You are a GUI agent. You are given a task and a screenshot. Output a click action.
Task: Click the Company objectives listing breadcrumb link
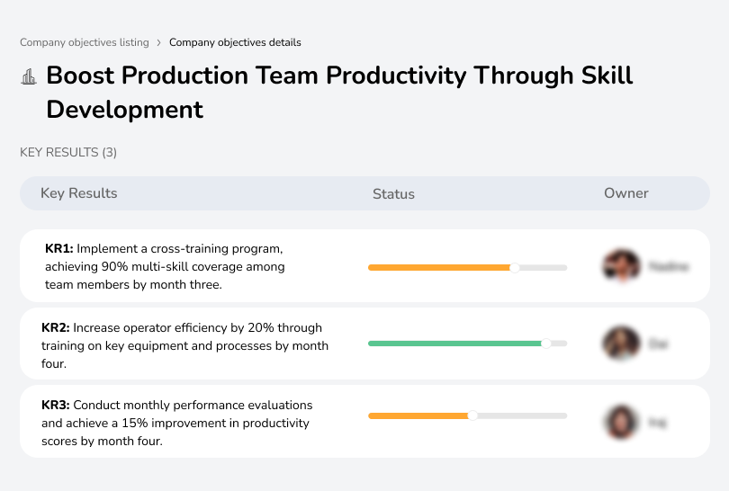pos(85,42)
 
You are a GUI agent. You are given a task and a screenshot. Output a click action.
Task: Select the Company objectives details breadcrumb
pos(235,42)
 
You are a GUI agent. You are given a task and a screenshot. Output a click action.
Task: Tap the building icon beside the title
pos(29,76)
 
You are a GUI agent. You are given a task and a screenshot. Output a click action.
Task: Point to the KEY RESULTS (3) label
pos(68,153)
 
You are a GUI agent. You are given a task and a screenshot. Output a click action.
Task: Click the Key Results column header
pos(78,193)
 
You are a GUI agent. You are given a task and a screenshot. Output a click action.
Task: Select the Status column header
pos(393,193)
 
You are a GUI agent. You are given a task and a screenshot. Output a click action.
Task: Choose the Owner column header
pos(625,193)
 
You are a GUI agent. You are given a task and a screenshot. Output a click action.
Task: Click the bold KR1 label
pos(59,249)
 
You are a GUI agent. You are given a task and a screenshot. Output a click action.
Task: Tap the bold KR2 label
pos(56,328)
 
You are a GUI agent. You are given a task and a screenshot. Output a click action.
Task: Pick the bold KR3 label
pos(56,406)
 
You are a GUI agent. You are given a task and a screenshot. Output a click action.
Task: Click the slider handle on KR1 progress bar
pos(515,267)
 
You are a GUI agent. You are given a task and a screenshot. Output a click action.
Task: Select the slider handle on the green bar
pos(545,344)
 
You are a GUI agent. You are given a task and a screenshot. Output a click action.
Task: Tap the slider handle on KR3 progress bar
pos(472,415)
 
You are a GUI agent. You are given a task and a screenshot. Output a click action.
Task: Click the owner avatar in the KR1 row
pos(621,266)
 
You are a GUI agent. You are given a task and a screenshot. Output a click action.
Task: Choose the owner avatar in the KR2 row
pos(621,344)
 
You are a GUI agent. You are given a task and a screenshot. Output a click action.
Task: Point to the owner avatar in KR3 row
pos(621,421)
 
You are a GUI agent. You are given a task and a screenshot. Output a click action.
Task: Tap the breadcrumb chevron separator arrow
pos(159,42)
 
